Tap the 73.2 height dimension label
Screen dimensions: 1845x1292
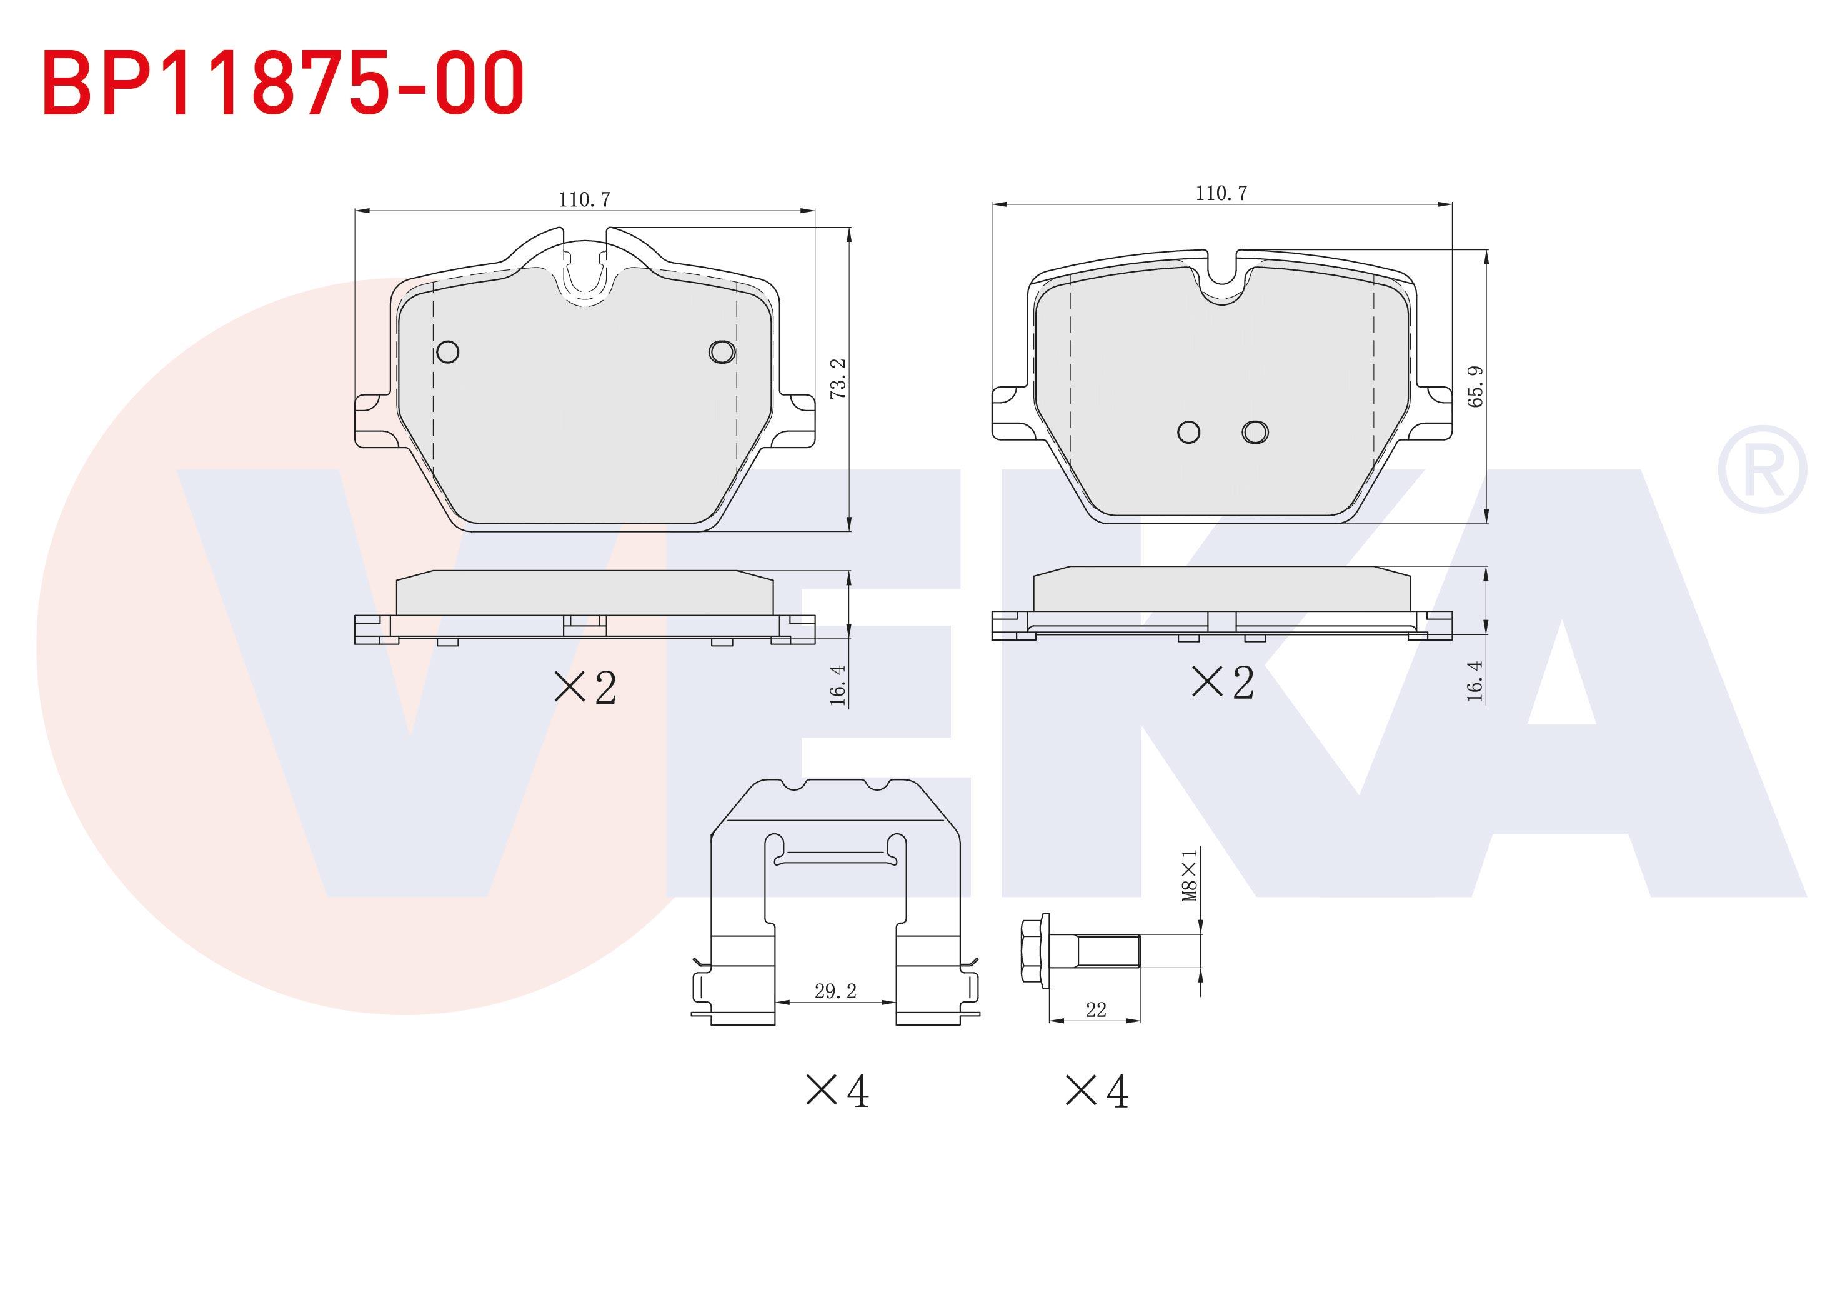pyautogui.click(x=838, y=379)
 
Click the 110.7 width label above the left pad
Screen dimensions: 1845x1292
pyautogui.click(x=584, y=199)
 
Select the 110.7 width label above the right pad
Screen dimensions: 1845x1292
pyautogui.click(x=1221, y=193)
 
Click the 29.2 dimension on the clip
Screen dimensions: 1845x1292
pyautogui.click(x=836, y=991)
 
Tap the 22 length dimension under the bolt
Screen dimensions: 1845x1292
pyautogui.click(x=1096, y=1010)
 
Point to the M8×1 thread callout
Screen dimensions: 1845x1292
pyautogui.click(x=1190, y=874)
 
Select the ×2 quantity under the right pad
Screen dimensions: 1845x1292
pyautogui.click(x=1222, y=683)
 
